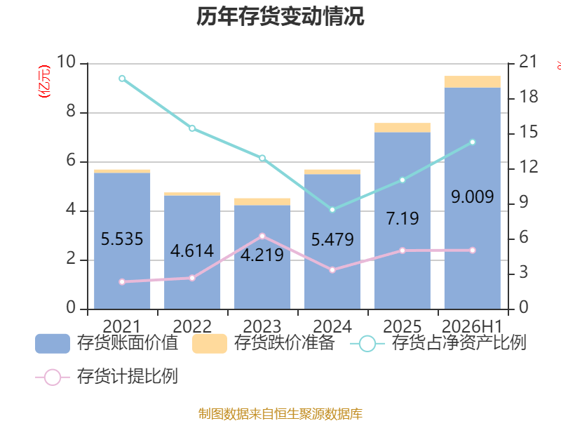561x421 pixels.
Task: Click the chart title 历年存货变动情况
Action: (280, 16)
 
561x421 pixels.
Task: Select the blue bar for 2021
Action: (122, 241)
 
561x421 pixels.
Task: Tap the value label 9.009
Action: (472, 196)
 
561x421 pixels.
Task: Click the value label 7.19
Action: (403, 218)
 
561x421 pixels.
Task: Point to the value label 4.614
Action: (192, 250)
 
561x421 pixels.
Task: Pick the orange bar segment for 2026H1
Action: (473, 81)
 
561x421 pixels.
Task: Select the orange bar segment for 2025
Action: (403, 128)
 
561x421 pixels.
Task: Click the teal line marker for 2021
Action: (122, 79)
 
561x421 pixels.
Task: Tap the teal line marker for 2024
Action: (332, 210)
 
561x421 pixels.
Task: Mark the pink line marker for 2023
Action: (262, 236)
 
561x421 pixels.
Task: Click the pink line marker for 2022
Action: (192, 278)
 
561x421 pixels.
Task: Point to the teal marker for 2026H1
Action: (473, 142)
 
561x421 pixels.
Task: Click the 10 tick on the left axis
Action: (66, 62)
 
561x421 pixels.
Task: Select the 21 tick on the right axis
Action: (529, 62)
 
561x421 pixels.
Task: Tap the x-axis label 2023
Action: (262, 326)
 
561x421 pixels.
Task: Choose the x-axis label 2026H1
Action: (472, 326)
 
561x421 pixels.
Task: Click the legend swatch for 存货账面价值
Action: (53, 344)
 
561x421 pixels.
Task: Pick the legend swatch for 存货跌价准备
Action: (210, 344)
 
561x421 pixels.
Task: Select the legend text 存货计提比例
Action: (128, 376)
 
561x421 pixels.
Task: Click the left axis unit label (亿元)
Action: (44, 81)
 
